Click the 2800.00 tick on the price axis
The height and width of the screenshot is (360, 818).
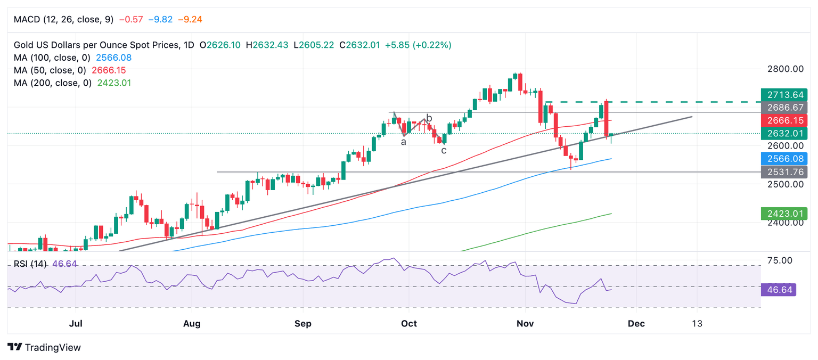tap(784, 69)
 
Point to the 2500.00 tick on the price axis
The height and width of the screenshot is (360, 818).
tap(784, 184)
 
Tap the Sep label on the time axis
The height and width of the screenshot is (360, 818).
tap(302, 324)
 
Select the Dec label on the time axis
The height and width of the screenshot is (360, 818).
tap(636, 324)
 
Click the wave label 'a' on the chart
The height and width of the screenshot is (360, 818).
tap(404, 142)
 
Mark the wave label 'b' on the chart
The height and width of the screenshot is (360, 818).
tap(429, 118)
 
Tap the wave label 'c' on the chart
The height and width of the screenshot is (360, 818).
tap(444, 151)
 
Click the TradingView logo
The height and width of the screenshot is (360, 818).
tap(45, 347)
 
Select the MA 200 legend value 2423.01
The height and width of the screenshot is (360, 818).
tap(111, 83)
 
